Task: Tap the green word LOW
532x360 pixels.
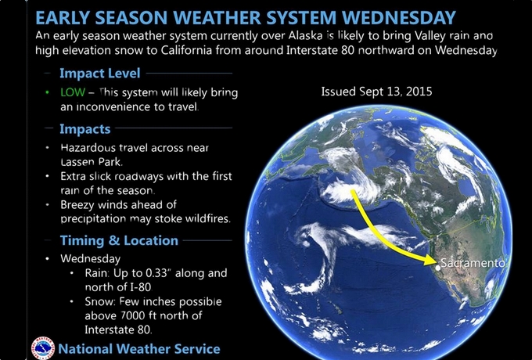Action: click(73, 92)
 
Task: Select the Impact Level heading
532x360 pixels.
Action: click(100, 74)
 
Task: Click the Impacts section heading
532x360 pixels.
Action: click(85, 129)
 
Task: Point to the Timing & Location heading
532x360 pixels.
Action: click(119, 240)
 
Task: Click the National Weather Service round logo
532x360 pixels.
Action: click(43, 348)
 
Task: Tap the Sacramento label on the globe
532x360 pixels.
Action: click(473, 263)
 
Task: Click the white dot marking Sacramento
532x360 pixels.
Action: click(438, 268)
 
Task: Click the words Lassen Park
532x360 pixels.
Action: click(92, 162)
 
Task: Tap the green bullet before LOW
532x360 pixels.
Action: click(47, 92)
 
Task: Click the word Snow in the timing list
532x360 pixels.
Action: click(97, 301)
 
